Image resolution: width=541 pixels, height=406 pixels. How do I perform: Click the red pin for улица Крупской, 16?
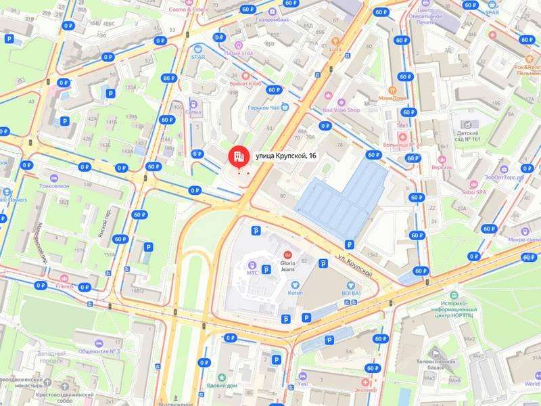pos(237,158)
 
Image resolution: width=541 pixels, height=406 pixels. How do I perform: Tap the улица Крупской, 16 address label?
pos(285,156)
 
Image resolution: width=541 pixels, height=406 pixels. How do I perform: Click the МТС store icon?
pos(252,265)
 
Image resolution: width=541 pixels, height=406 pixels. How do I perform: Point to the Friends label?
pos(64,286)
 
